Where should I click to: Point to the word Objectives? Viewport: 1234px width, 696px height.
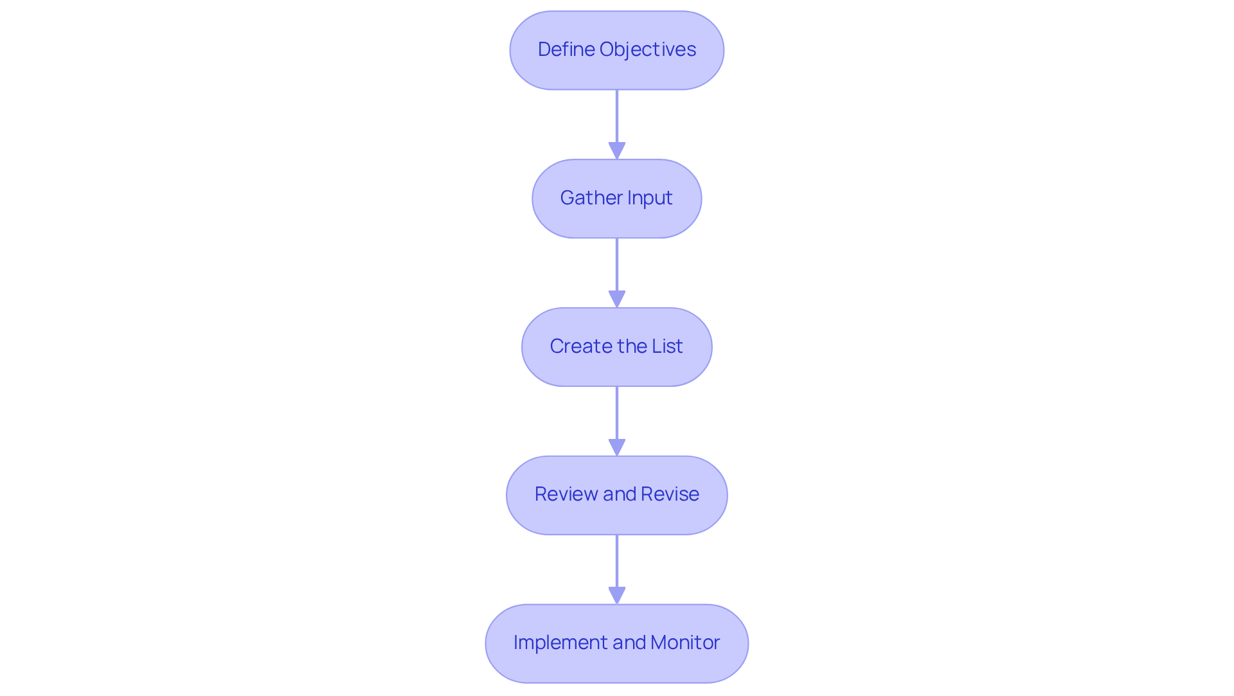point(648,49)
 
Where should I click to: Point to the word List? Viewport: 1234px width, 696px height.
point(667,346)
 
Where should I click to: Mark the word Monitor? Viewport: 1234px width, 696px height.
point(685,643)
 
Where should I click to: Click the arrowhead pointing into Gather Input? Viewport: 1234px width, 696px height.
point(617,150)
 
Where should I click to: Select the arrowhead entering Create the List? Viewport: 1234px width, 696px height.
point(617,299)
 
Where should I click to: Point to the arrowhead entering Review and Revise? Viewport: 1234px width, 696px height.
point(617,447)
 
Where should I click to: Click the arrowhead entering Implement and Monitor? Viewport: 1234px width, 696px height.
point(617,595)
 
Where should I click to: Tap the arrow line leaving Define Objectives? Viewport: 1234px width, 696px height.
point(617,116)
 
